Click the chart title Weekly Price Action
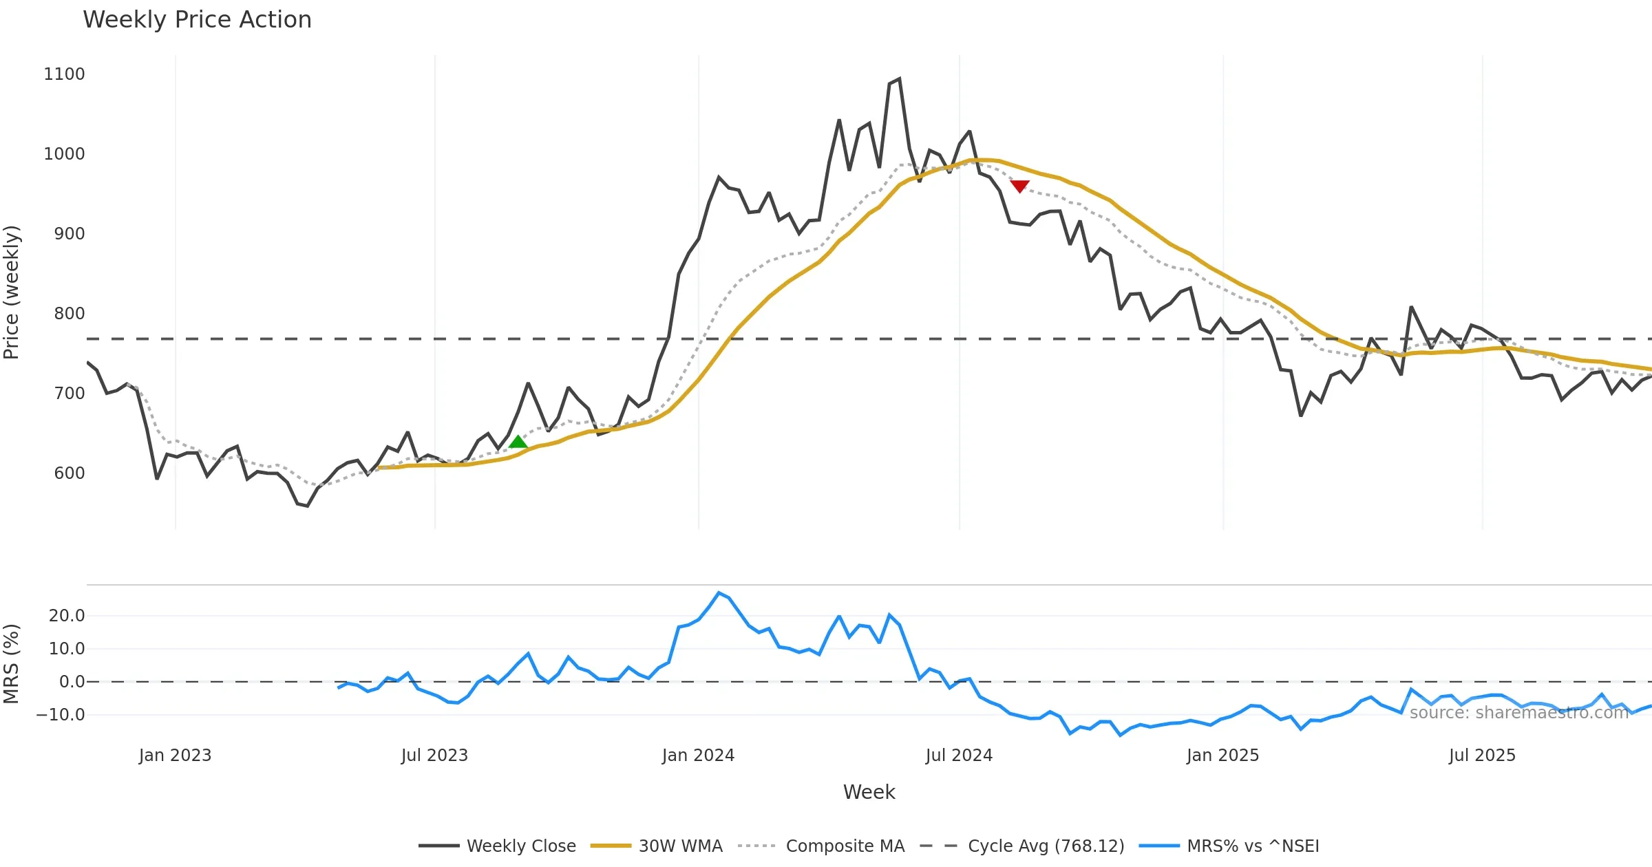[197, 20]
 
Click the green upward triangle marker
[518, 442]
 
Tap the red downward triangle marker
[1019, 186]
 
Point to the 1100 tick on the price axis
[64, 74]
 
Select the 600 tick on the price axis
[69, 473]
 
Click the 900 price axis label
[69, 234]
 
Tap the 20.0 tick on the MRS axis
[67, 616]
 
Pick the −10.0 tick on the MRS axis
[61, 715]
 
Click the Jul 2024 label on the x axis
[959, 756]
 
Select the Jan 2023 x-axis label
[175, 756]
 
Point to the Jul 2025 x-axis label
[1482, 756]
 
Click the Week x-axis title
[869, 793]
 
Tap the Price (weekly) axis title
[12, 292]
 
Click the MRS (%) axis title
[12, 664]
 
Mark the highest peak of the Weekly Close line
[899, 78]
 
